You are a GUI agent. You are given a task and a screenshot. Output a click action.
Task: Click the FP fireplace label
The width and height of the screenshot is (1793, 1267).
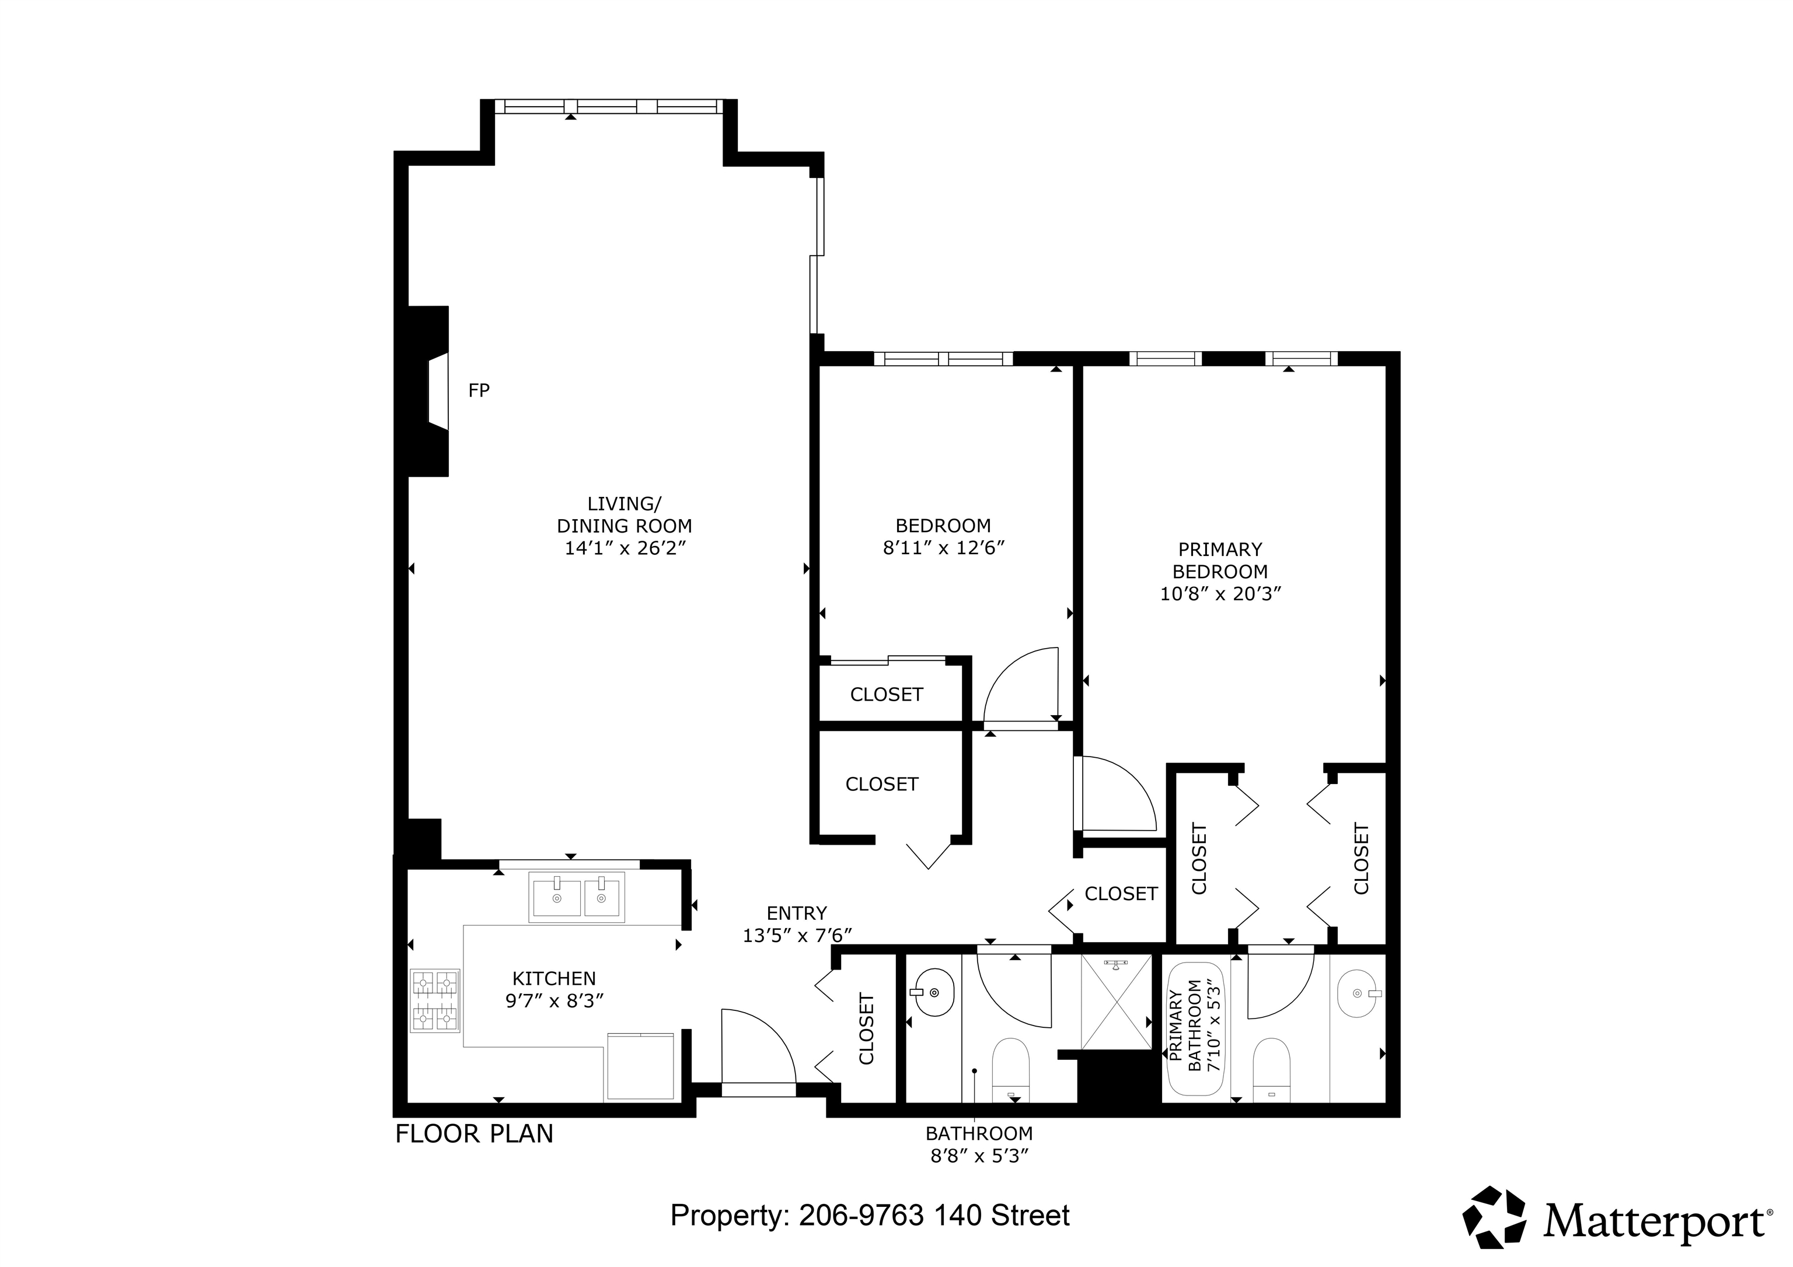click(479, 390)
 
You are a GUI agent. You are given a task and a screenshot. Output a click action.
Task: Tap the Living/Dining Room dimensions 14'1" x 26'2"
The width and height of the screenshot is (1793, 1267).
click(625, 548)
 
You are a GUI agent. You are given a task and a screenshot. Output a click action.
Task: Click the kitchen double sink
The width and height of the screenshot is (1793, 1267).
click(577, 897)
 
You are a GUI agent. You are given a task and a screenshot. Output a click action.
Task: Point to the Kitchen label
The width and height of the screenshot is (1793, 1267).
click(554, 978)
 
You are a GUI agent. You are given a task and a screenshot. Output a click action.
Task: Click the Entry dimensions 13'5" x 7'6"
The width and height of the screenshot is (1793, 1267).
click(797, 935)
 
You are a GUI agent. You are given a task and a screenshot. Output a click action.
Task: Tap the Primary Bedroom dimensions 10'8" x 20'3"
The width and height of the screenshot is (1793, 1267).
click(1220, 594)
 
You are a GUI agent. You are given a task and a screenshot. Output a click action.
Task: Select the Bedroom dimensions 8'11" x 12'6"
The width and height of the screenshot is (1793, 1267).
click(943, 548)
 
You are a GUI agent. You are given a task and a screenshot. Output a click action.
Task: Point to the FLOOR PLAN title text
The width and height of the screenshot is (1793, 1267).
click(474, 1133)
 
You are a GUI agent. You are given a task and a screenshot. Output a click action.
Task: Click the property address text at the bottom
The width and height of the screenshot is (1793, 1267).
click(870, 1216)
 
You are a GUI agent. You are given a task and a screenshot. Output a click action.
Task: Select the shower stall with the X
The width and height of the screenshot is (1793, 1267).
click(1117, 1002)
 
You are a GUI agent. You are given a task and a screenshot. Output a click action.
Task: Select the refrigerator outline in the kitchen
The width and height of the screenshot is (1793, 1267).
click(640, 1066)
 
